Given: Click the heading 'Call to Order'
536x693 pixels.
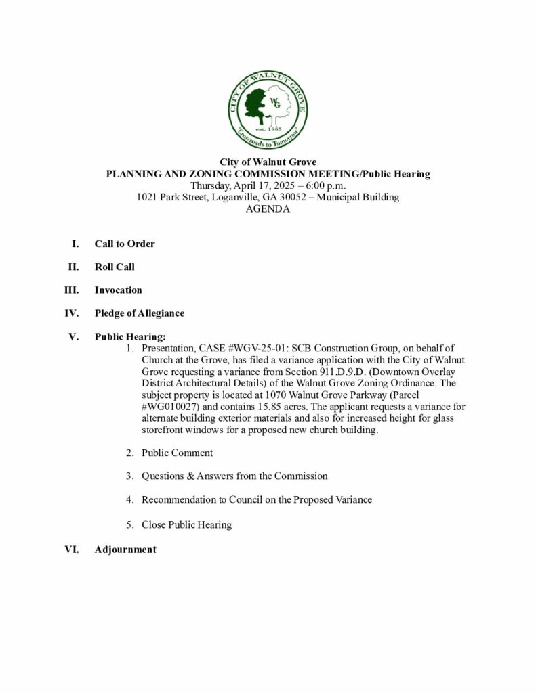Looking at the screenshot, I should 125,244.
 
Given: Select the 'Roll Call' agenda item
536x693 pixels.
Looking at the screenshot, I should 115,267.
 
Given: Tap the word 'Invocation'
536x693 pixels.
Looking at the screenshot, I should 118,290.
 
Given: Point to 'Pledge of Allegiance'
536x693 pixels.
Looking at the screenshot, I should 139,313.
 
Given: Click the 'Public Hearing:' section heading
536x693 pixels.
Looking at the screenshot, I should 130,336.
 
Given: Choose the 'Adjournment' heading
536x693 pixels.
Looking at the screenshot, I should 125,550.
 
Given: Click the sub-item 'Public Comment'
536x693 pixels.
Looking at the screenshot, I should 177,453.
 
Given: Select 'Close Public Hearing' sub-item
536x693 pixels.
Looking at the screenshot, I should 186,524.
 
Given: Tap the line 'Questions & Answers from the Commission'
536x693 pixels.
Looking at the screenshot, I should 234,476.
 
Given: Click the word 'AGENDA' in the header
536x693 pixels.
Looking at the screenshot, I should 268,209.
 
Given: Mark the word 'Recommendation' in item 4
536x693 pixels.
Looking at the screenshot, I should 174,499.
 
